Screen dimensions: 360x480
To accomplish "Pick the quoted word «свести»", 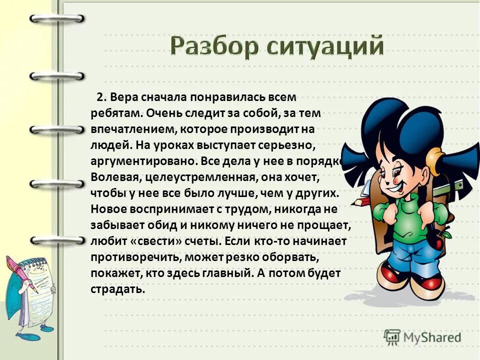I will pyautogui.click(x=149, y=240).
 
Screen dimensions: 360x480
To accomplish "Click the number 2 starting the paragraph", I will pyautogui.click(x=100, y=96).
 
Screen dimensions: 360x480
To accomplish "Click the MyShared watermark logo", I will pyautogui.click(x=423, y=336).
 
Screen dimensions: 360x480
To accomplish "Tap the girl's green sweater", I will pyautogui.click(x=407, y=220).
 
